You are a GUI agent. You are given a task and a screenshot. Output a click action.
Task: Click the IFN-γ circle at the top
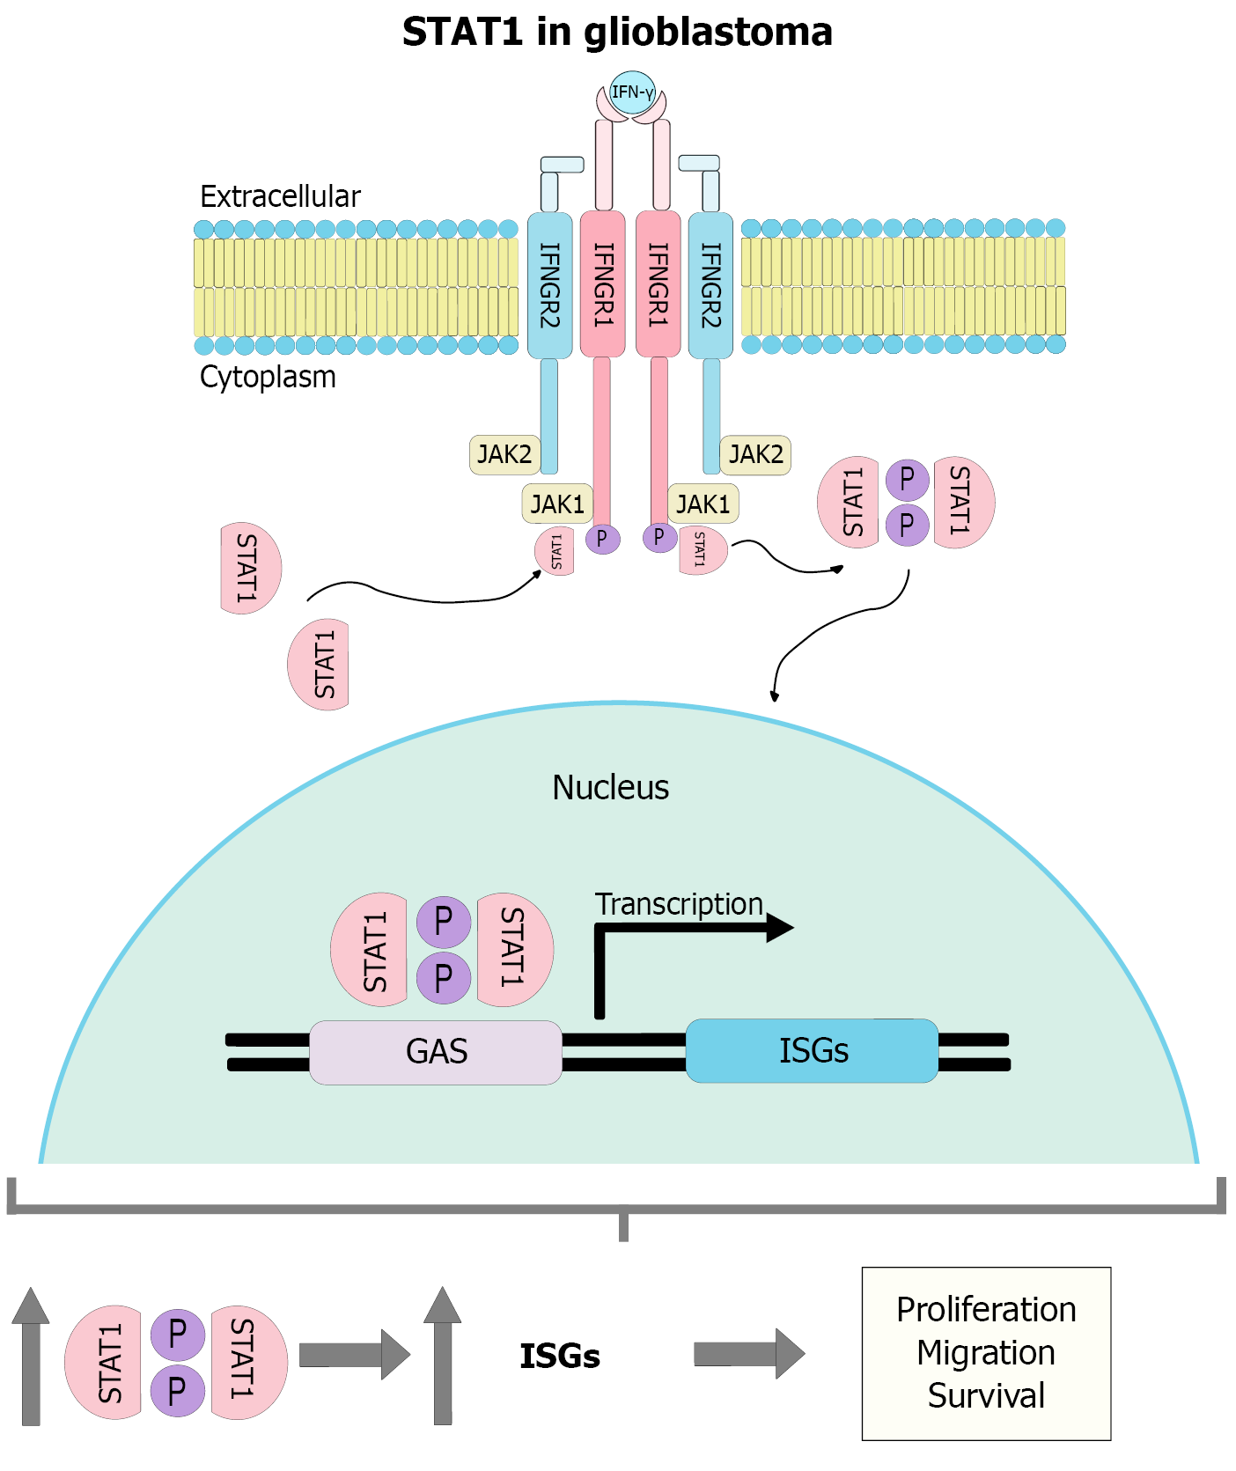(x=632, y=92)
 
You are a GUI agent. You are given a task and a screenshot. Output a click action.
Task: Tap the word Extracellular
(x=280, y=196)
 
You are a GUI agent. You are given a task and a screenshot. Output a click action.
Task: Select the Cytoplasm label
(x=268, y=377)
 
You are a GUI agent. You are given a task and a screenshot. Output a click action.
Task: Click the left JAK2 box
(x=504, y=454)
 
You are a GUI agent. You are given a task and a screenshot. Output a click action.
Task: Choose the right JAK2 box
(x=755, y=454)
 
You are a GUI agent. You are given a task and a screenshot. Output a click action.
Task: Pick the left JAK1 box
(x=557, y=504)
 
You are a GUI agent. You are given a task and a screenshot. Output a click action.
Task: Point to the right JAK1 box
(x=703, y=504)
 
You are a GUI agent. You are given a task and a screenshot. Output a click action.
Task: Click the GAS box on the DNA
(x=436, y=1052)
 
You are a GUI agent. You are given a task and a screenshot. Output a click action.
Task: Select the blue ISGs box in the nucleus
(x=812, y=1050)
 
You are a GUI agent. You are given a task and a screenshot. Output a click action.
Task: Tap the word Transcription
(x=679, y=904)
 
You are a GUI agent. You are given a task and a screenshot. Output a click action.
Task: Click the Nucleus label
(x=610, y=787)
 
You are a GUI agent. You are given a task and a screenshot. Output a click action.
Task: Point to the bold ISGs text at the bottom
(x=560, y=1357)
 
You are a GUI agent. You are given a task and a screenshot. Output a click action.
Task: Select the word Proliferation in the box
(x=986, y=1310)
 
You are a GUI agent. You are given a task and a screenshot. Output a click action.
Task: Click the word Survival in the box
(x=986, y=1396)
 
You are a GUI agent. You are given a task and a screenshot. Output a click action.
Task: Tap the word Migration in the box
(x=986, y=1353)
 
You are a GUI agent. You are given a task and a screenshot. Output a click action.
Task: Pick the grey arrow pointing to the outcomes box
(x=748, y=1354)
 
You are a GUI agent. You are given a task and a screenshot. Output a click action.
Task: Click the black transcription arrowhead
(x=779, y=927)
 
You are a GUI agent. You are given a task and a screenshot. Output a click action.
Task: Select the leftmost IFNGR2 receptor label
(x=549, y=285)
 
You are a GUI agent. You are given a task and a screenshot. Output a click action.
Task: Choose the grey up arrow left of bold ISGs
(x=442, y=1356)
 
